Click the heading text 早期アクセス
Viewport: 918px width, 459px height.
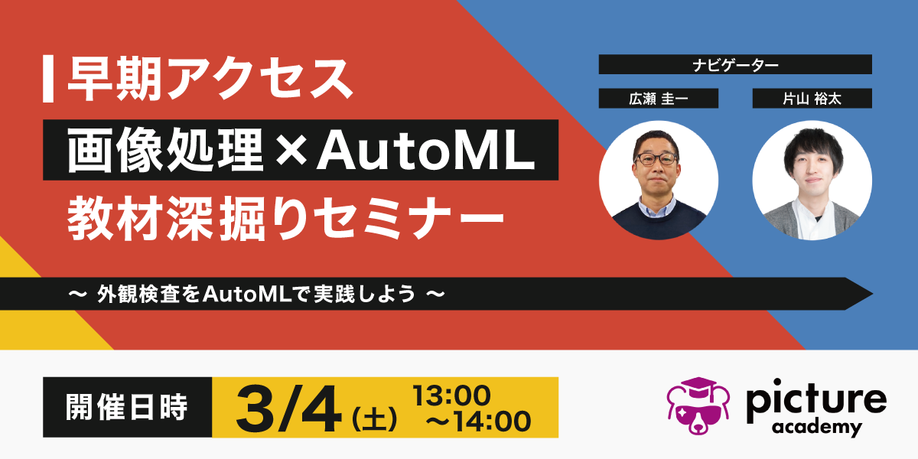click(210, 79)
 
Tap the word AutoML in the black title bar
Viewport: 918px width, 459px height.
click(426, 151)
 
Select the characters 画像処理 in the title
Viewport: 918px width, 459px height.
click(165, 150)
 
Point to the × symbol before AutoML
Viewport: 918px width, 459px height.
click(291, 151)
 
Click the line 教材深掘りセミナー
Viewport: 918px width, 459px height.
click(285, 218)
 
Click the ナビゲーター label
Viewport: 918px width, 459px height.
click(735, 65)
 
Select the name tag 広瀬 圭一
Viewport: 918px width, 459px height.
click(658, 99)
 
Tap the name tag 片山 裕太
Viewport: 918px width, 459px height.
click(812, 99)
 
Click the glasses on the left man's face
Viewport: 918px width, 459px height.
click(656, 158)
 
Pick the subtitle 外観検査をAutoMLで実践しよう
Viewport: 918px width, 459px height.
click(256, 294)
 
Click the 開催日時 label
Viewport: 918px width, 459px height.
click(127, 407)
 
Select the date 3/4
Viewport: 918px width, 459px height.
click(288, 409)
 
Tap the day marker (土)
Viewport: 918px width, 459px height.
click(374, 418)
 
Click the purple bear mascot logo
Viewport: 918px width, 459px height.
click(698, 405)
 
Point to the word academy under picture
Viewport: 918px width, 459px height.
click(817, 428)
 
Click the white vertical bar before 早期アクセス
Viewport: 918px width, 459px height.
click(48, 79)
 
